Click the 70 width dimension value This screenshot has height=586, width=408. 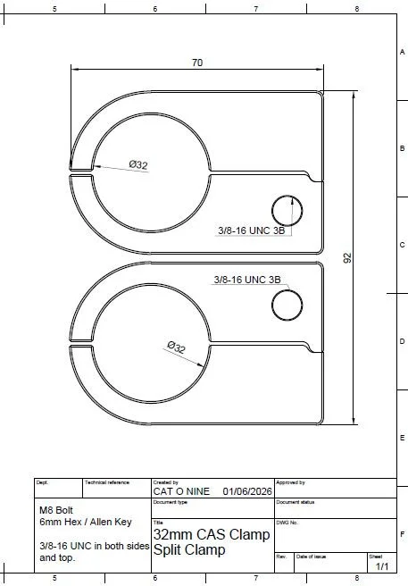(x=197, y=63)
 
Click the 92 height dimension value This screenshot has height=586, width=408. (x=347, y=258)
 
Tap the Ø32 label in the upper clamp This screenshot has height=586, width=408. (x=138, y=164)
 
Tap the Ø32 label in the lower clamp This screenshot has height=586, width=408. (x=177, y=347)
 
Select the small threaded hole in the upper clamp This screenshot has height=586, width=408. (x=287, y=211)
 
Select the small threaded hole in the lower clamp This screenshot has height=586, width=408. (x=287, y=306)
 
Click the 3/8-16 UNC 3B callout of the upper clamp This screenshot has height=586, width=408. (x=252, y=230)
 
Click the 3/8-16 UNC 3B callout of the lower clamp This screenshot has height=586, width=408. (x=247, y=280)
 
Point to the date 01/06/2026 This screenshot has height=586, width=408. (x=247, y=491)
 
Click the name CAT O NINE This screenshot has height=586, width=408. (x=181, y=491)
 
